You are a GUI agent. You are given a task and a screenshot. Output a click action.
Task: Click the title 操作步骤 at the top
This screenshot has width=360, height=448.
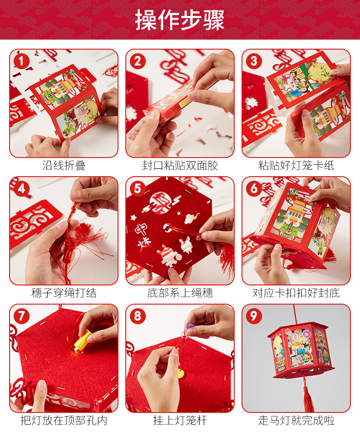point(180,20)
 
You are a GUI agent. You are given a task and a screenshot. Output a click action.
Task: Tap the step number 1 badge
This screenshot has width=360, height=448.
point(21,61)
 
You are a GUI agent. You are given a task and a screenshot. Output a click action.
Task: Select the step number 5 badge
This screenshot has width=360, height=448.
point(138,189)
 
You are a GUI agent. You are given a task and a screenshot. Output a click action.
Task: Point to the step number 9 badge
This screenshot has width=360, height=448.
point(254,316)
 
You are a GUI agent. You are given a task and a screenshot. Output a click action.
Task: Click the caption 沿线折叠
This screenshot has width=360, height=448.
point(64,165)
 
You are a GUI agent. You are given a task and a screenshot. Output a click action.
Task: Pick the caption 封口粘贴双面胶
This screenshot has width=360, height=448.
point(180,165)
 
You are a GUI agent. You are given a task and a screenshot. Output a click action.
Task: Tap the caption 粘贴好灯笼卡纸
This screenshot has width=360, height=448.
point(296,165)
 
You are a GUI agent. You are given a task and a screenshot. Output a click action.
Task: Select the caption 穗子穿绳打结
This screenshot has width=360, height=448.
point(64,293)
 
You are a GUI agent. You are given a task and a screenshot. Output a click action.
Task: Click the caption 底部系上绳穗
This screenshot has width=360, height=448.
point(180,293)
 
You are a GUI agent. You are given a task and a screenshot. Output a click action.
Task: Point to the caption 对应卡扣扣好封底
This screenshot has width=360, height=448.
point(296,293)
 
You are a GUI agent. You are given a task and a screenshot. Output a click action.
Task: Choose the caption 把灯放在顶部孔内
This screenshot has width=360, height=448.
point(64,420)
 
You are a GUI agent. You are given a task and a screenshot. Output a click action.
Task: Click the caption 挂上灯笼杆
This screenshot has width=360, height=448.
point(180,420)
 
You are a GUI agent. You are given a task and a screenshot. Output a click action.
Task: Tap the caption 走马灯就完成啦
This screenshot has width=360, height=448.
point(296,420)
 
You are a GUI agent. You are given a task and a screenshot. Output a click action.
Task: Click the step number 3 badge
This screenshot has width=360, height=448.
point(254,61)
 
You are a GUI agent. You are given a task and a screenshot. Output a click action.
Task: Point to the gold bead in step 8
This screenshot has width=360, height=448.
point(180,373)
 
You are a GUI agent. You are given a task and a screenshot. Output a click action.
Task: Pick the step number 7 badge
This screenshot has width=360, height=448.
point(21,316)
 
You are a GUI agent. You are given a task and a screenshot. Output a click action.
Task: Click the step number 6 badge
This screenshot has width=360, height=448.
point(254,189)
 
